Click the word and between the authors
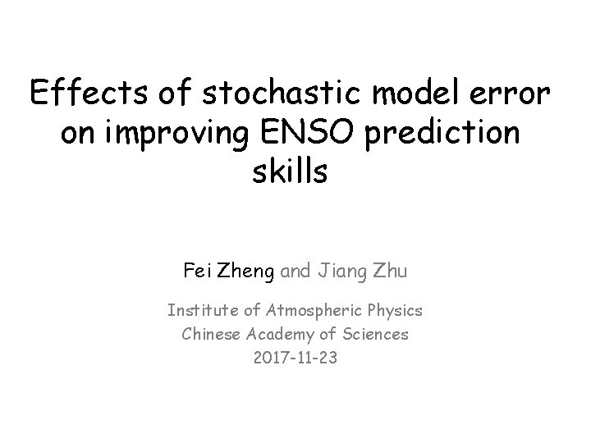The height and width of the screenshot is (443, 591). coord(298,270)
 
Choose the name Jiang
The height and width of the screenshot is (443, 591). coord(343,270)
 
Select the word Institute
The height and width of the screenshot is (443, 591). coord(197,311)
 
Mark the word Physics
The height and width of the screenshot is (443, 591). coord(396,311)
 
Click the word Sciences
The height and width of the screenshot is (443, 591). coord(376,334)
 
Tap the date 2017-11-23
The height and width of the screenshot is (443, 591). coord(295,358)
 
